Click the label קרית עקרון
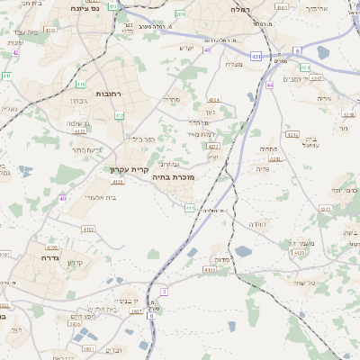[128, 169]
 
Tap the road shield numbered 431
[256, 56]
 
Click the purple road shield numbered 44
[270, 85]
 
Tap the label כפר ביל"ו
[141, 139]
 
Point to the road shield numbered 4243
[275, 159]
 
